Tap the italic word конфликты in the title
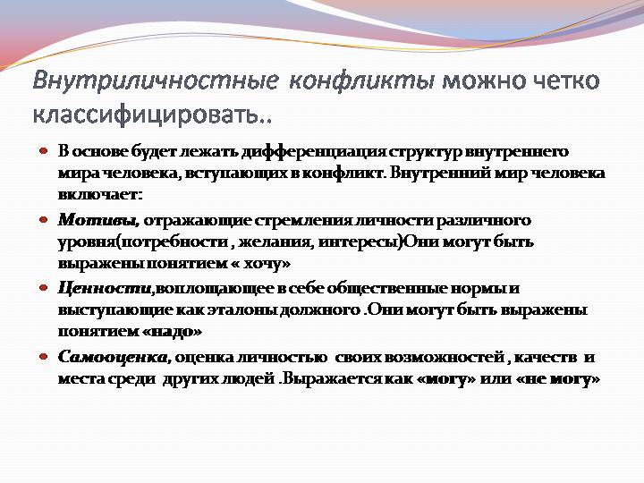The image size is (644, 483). click(x=361, y=80)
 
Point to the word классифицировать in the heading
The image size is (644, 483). click(x=146, y=113)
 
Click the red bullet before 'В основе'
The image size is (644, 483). click(x=44, y=151)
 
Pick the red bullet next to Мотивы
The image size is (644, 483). click(x=44, y=220)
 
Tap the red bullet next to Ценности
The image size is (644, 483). click(x=44, y=287)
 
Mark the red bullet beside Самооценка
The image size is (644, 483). click(x=44, y=356)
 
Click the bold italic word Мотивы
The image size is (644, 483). click(x=98, y=221)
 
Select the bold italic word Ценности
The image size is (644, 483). click(x=106, y=289)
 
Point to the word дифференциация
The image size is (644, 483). click(x=314, y=153)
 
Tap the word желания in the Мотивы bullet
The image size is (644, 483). click(x=276, y=242)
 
